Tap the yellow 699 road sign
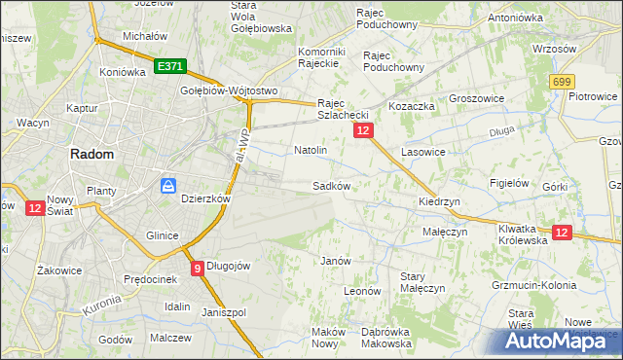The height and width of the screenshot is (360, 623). click(x=561, y=84)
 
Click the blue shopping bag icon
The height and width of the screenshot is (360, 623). click(x=168, y=184)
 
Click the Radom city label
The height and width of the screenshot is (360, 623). click(x=90, y=154)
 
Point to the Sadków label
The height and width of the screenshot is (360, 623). click(x=330, y=185)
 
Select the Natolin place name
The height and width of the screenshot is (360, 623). click(x=310, y=151)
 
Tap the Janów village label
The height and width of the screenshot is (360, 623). click(x=335, y=260)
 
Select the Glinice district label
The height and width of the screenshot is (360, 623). click(x=162, y=235)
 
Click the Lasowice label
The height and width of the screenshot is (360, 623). click(x=422, y=152)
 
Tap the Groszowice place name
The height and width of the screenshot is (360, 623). click(x=475, y=98)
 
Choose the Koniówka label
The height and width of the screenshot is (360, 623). click(x=122, y=71)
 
